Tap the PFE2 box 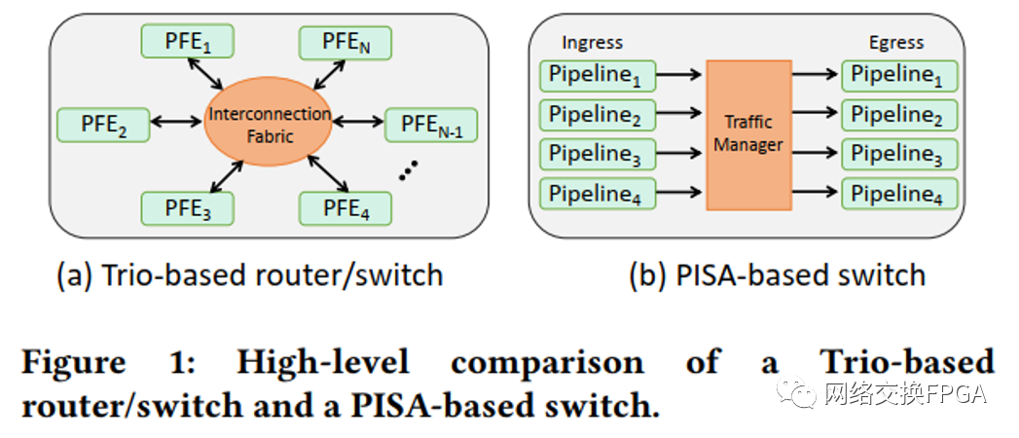coord(103,124)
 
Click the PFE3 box coord(188,207)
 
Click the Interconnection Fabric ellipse coord(269,125)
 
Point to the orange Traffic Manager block coord(748,134)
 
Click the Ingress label coord(592,42)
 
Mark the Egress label coord(896,42)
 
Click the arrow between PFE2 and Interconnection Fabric coord(176,123)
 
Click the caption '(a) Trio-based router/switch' coord(250,274)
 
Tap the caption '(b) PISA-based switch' coord(777,274)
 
